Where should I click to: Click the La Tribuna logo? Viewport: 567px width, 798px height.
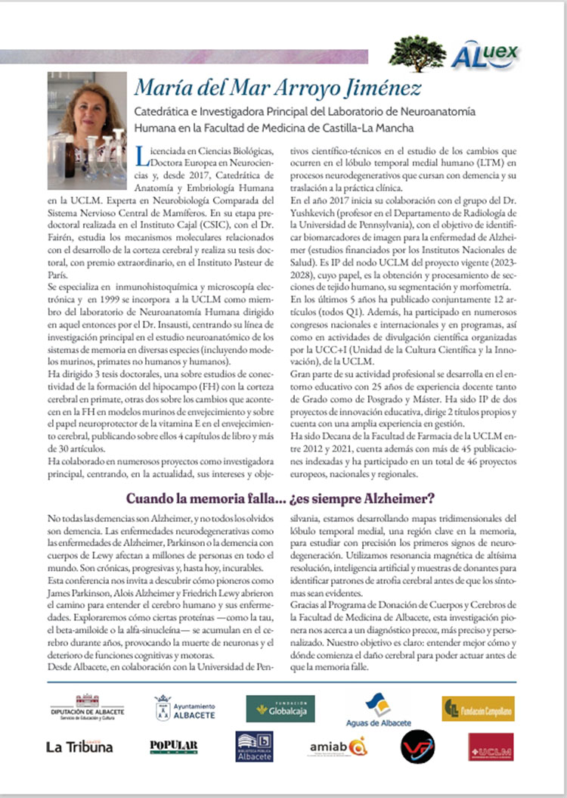pyautogui.click(x=79, y=747)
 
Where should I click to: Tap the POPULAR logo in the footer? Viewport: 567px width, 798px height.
pyautogui.click(x=174, y=747)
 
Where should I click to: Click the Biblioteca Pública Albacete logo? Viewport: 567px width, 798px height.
pyautogui.click(x=254, y=747)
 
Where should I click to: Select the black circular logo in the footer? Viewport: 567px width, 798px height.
pyautogui.click(x=417, y=747)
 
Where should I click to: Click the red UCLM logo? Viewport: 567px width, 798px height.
pyautogui.click(x=491, y=747)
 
